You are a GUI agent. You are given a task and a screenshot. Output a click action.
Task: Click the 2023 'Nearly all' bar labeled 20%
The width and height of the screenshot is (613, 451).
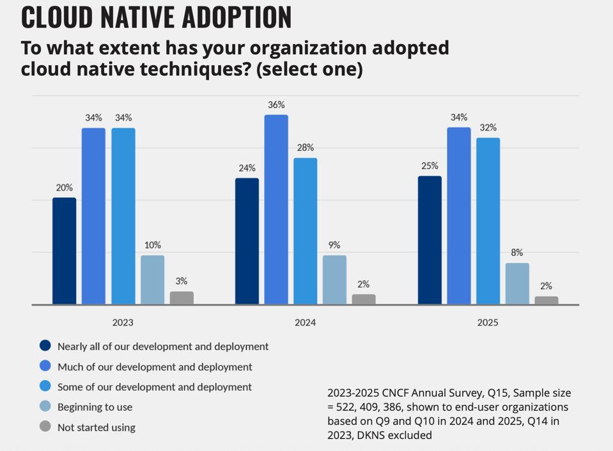click(x=64, y=251)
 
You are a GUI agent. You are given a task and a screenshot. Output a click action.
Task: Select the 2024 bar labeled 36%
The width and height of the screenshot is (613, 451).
click(x=276, y=209)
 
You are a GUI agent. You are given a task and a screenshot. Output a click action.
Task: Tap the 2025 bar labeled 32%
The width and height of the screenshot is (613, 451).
click(x=488, y=221)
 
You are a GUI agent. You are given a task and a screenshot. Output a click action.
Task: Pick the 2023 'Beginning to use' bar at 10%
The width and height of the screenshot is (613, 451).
click(x=153, y=280)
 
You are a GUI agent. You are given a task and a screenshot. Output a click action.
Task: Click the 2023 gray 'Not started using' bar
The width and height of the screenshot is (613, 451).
click(x=182, y=297)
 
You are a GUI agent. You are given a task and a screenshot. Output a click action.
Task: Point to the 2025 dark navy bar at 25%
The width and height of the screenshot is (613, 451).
click(x=430, y=240)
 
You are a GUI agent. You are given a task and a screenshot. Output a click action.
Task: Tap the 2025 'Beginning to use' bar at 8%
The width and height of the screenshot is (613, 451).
click(x=517, y=283)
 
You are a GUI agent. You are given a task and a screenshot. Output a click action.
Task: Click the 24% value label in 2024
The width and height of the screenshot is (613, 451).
click(x=247, y=168)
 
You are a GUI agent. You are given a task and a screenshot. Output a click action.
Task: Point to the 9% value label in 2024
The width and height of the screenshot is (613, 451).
click(x=335, y=245)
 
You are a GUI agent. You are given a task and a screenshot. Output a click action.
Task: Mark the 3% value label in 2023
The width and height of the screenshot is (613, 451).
click(x=182, y=281)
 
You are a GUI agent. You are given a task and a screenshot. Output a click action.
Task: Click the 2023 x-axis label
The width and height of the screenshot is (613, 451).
click(x=123, y=322)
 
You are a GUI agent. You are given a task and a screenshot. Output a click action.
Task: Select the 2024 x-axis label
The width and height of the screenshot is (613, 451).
click(x=305, y=322)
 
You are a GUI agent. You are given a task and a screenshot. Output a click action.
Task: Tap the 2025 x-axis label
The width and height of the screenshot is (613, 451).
click(x=488, y=322)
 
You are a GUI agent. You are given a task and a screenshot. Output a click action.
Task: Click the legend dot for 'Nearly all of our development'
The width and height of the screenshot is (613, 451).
click(x=45, y=346)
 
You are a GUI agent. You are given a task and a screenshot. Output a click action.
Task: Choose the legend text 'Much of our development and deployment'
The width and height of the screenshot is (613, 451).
click(x=155, y=367)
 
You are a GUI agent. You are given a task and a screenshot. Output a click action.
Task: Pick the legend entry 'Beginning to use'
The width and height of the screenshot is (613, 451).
click(x=95, y=407)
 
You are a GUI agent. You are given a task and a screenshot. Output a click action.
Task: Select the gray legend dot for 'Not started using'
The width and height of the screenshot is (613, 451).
click(x=45, y=427)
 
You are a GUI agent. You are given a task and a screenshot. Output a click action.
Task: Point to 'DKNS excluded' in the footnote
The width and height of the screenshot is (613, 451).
click(x=401, y=436)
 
